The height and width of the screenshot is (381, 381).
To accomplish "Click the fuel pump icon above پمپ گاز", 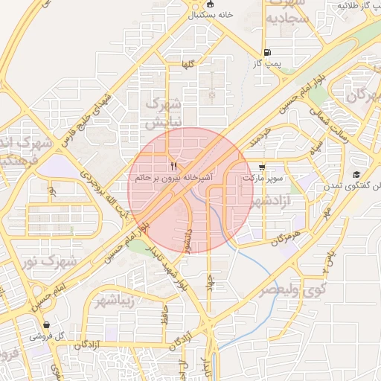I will click(267, 52).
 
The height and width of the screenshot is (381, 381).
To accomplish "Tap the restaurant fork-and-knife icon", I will click(173, 166).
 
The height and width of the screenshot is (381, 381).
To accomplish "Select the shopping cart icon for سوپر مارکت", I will click(261, 167).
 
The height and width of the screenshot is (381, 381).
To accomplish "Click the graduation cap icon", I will click(356, 174).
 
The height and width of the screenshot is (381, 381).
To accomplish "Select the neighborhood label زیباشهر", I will click(116, 301).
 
